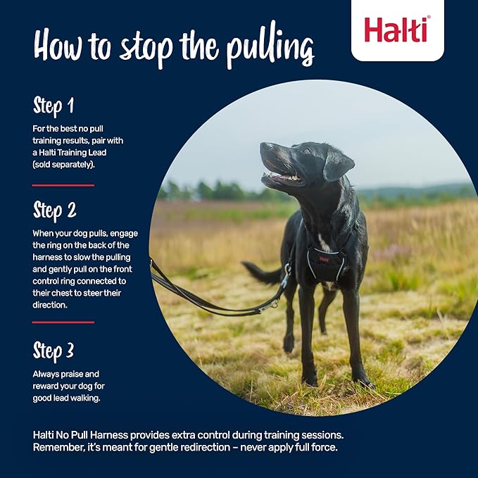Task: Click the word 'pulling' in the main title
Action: (270, 50)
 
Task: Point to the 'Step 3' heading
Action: (54, 350)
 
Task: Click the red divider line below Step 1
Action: (63, 185)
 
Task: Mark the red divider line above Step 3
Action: (63, 322)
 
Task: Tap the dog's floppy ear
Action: (338, 165)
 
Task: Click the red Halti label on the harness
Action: (323, 258)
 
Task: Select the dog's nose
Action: (264, 147)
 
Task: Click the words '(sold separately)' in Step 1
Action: (63, 163)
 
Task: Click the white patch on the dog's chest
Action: (324, 242)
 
